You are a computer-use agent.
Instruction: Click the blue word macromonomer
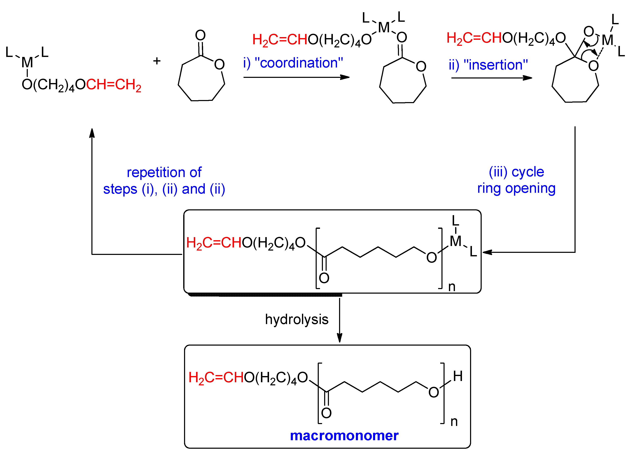pos(344,435)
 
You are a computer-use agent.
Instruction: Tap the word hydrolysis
pos(297,320)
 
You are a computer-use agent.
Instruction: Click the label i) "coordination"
pos(293,63)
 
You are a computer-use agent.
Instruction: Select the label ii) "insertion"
pos(488,65)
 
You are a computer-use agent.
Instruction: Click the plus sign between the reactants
pos(157,61)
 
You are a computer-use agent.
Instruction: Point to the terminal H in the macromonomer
pos(458,376)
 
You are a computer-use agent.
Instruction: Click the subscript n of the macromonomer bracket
pos(454,422)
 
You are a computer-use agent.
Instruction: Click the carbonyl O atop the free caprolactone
pos(200,35)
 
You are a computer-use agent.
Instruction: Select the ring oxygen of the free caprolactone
pos(219,65)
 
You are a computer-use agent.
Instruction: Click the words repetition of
pos(164,172)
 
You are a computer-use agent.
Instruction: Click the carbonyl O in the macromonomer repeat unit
pos(326,413)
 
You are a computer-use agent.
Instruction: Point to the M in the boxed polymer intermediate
pos(455,241)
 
